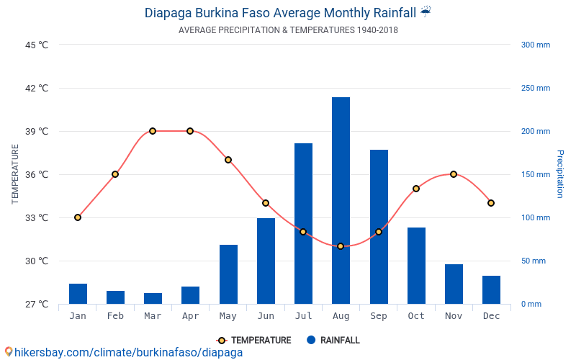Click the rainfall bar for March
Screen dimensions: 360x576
(153, 298)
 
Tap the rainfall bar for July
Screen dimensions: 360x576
(303, 223)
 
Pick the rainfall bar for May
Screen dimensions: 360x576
(228, 274)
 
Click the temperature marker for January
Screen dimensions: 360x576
(78, 217)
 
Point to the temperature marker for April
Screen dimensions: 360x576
(190, 131)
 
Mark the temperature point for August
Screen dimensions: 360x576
(341, 246)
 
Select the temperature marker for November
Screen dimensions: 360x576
(454, 174)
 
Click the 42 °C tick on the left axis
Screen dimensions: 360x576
(35, 88)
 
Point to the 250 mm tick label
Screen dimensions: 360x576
(535, 88)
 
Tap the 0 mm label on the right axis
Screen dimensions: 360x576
(531, 304)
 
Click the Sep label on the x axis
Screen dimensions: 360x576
(379, 316)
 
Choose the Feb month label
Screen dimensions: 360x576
(115, 316)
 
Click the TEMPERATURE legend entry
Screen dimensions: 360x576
(254, 341)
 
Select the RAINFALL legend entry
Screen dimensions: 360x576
(333, 341)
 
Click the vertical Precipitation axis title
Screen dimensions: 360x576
(560, 174)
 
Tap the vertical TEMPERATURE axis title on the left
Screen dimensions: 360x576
(15, 174)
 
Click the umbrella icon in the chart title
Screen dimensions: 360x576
(426, 12)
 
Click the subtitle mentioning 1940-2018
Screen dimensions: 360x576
(288, 30)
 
